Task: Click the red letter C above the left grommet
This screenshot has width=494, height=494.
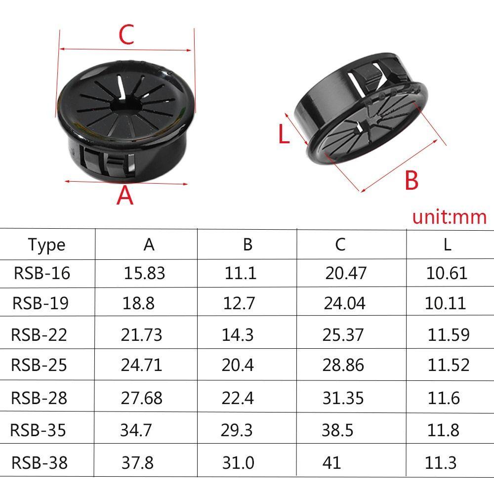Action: click(x=126, y=35)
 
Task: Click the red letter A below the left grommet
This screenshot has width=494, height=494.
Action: click(x=125, y=196)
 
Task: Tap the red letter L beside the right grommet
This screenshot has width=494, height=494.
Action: click(x=284, y=134)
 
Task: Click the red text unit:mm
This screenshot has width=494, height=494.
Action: click(x=449, y=217)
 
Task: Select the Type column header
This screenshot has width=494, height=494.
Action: click(x=46, y=245)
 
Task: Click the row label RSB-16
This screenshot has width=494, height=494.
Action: click(x=42, y=273)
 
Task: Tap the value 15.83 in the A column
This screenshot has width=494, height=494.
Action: click(x=144, y=273)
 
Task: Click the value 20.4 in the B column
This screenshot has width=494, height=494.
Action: click(x=238, y=365)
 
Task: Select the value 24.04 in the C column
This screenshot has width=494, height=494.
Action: click(x=345, y=303)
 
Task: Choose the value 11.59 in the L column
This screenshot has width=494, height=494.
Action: click(x=449, y=335)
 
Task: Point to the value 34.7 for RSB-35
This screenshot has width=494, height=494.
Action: click(x=136, y=430)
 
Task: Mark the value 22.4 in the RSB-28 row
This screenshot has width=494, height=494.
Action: click(x=238, y=398)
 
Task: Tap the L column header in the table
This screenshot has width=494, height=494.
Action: click(x=447, y=245)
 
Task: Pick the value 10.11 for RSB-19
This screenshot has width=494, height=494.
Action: click(x=445, y=303)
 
